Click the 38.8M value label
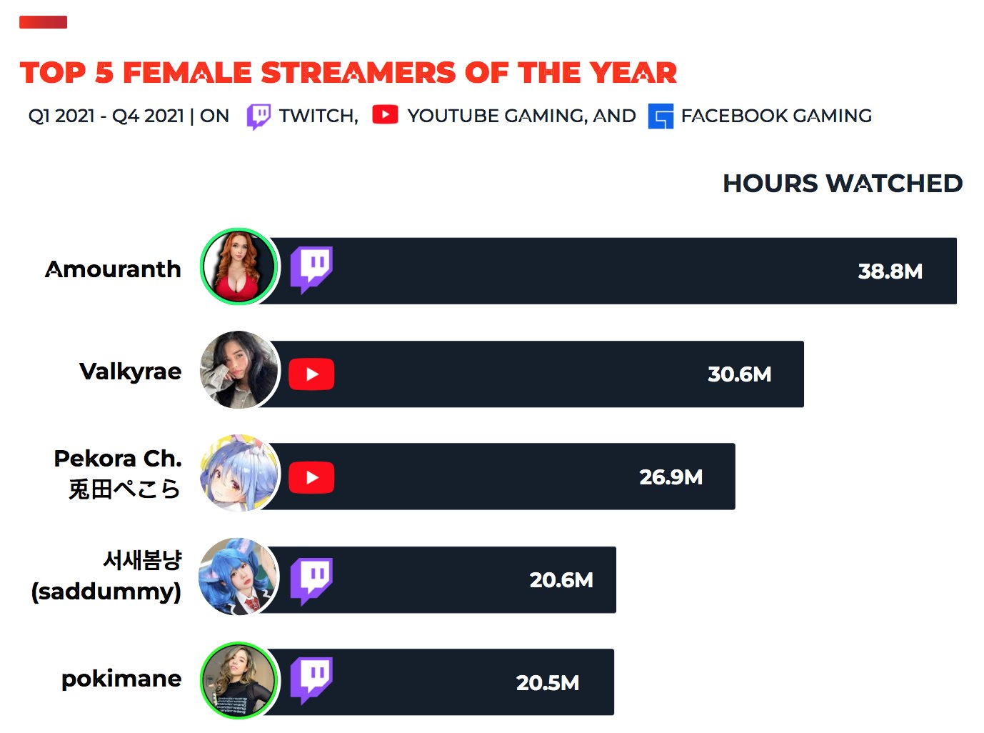[890, 271]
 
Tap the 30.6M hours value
[740, 374]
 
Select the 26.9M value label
[671, 477]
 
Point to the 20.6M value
[561, 580]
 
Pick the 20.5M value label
[548, 683]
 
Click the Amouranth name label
[113, 269]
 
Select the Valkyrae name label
[131, 372]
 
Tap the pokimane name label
[121, 679]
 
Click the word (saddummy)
[106, 592]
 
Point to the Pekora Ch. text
[118, 458]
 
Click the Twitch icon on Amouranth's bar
[311, 270]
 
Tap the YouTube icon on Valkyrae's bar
[311, 374]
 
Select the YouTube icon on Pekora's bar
[311, 477]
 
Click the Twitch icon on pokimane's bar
[311, 681]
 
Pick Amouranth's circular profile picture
[239, 266]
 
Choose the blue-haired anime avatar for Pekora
[239, 473]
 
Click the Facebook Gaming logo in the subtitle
[661, 116]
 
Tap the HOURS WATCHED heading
[843, 184]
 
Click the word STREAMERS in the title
[358, 72]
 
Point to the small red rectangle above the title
[43, 22]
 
